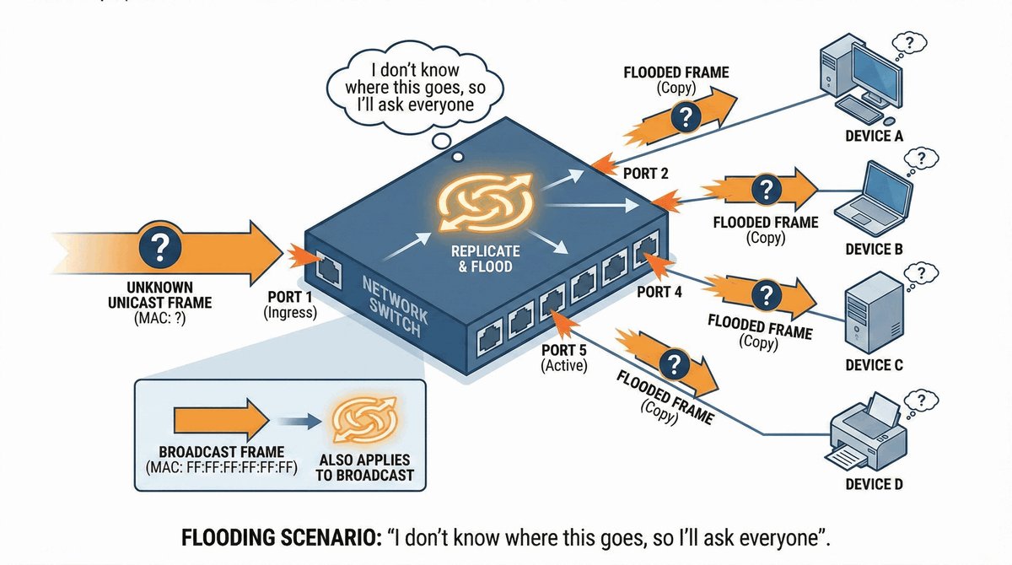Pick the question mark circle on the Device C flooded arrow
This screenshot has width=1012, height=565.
point(765,295)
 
